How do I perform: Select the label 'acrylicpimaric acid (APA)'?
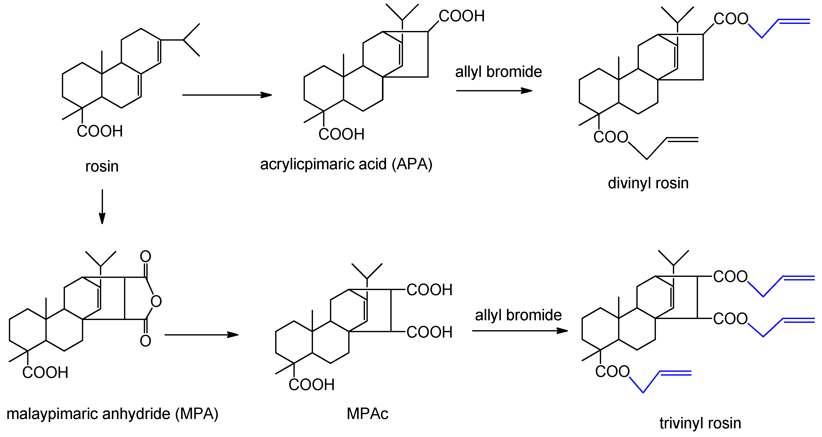tap(346, 164)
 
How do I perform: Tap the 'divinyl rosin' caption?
tap(648, 183)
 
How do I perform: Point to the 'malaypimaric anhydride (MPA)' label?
tap(112, 414)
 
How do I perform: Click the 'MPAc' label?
tap(367, 414)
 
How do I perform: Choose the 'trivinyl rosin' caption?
tap(700, 424)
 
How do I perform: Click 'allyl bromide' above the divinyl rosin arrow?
tap(498, 72)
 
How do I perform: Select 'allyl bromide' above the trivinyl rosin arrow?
tap(518, 315)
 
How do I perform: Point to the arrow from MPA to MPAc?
tap(201, 335)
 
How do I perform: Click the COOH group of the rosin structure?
tap(100, 131)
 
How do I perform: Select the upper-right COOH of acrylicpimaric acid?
tap(461, 16)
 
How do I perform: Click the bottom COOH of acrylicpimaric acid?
tap(341, 135)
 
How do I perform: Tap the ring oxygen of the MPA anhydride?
tap(156, 301)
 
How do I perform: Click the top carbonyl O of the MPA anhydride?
tap(146, 256)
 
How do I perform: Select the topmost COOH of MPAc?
tap(429, 290)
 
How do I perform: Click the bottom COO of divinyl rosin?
tap(610, 137)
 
